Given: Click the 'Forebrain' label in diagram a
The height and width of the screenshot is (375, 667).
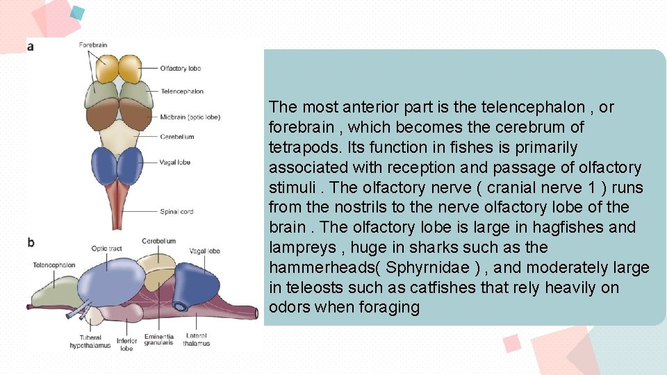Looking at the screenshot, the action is pos(92,45).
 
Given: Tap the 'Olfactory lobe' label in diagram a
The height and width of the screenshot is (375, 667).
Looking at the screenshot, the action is pos(180,68).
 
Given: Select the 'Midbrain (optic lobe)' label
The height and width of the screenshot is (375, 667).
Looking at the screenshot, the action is pos(190,117).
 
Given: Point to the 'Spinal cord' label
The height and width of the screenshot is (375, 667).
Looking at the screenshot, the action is pos(176,212).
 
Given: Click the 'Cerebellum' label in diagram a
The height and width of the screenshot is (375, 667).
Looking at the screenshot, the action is pos(176,137).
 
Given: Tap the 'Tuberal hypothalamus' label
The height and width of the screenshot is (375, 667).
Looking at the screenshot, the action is pos(90,342).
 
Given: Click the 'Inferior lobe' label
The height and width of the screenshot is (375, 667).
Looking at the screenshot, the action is pos(126,344).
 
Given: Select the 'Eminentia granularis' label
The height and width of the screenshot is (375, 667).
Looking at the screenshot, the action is pos(158,340).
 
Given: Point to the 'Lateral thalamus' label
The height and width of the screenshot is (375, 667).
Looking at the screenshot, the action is pos(197,340).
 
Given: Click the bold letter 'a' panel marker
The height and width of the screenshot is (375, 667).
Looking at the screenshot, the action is pos(30,47).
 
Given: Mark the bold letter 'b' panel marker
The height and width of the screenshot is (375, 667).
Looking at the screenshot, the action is pos(31,243).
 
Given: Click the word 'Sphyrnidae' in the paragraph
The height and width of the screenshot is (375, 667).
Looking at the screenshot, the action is pos(420,267).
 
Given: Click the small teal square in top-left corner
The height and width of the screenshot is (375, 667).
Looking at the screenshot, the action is pos(78,12).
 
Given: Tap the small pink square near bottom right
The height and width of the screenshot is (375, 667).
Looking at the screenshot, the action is pos(512,342).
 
